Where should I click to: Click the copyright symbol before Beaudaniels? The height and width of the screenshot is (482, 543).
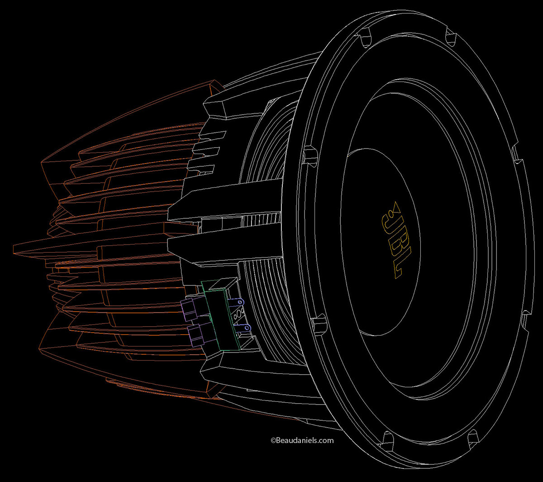coord(273,440)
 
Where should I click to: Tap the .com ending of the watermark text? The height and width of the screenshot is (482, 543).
coord(324,440)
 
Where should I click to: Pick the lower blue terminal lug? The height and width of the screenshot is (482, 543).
coord(243,328)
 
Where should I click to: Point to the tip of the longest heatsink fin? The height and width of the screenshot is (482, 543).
coord(16,247)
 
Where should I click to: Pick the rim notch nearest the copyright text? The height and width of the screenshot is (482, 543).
coord(387,438)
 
